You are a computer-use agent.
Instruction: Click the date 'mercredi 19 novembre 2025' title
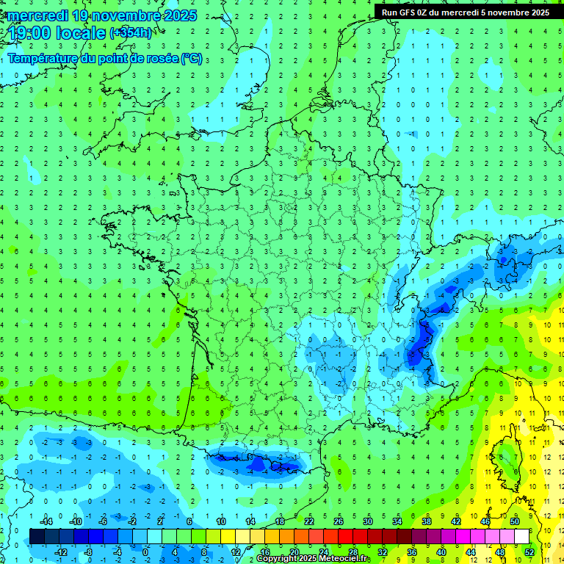point(103,15)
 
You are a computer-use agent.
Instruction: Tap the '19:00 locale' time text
point(57,32)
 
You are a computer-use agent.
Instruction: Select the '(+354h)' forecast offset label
point(131,32)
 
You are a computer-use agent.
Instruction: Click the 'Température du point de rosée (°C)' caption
point(105,59)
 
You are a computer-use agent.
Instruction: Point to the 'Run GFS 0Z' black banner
point(466,12)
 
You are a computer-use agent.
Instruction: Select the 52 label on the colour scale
point(529,552)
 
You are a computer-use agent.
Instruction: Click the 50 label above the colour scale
point(515,521)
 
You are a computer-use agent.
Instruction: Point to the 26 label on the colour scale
point(339,521)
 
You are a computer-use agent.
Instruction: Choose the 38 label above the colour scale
point(427,521)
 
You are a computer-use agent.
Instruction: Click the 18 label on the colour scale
point(280,521)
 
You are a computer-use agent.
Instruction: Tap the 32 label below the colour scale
point(383,552)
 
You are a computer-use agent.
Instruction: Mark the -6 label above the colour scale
point(104,521)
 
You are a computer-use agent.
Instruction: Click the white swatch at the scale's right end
point(522,536)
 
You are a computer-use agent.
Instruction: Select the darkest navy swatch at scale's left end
point(37,536)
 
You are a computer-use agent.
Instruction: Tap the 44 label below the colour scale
point(471,552)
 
